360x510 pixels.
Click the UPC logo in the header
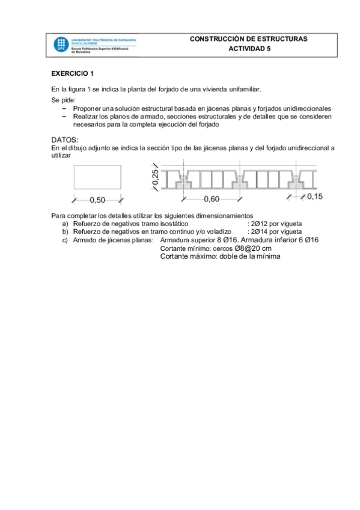point(61,45)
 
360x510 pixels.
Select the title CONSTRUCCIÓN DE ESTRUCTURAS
point(248,39)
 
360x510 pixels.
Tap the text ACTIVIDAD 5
point(249,50)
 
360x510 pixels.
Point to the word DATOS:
point(65,140)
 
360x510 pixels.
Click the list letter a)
point(66,223)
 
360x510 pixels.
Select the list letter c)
point(66,240)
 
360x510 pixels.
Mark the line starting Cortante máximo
point(221,257)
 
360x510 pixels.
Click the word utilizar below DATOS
point(61,155)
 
